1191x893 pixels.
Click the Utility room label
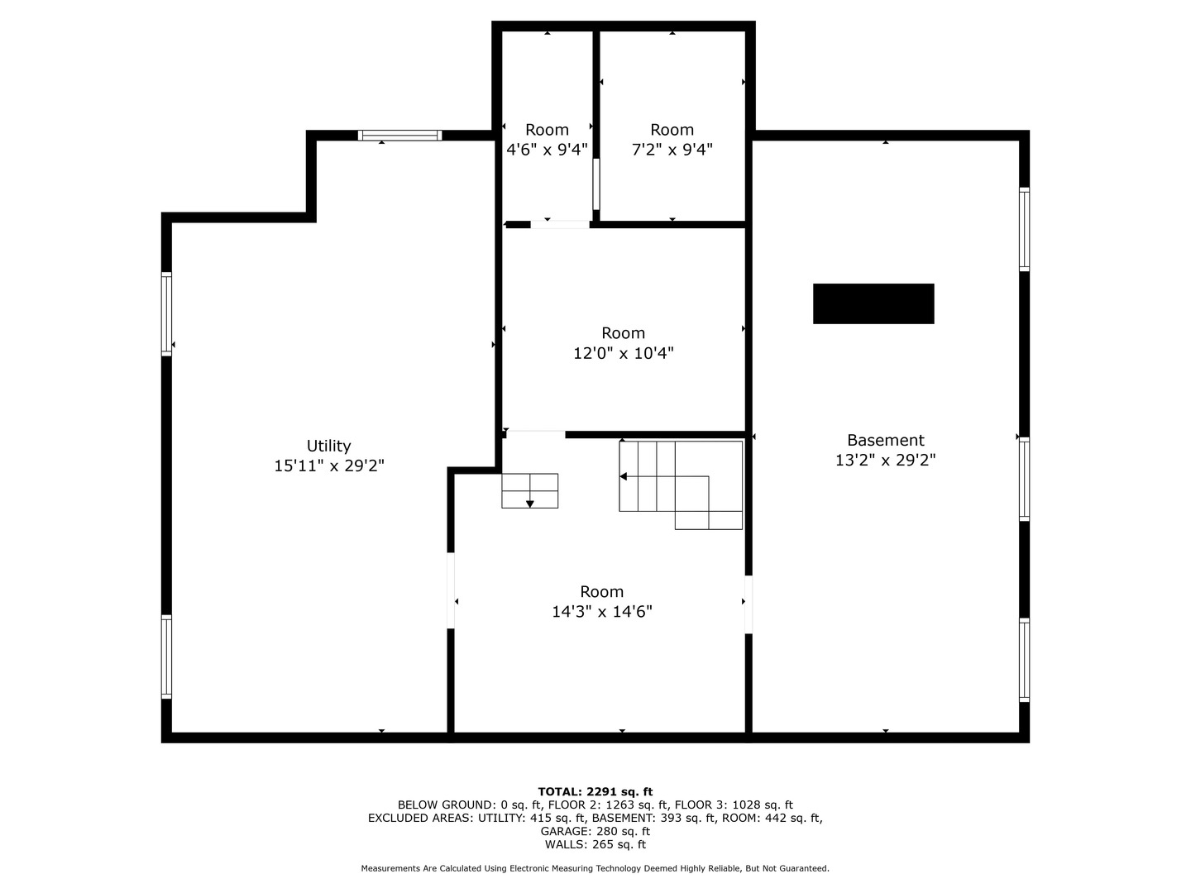(x=328, y=446)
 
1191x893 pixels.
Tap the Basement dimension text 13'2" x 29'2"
(x=885, y=461)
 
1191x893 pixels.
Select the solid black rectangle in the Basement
(x=873, y=303)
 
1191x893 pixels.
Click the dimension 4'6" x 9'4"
(x=547, y=150)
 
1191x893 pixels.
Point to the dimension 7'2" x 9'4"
(x=672, y=150)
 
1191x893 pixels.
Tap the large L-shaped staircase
(x=681, y=484)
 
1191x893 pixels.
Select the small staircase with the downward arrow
(x=529, y=490)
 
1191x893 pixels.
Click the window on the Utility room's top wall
(x=399, y=136)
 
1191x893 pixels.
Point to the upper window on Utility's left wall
(x=166, y=314)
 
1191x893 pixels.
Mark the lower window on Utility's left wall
(x=166, y=657)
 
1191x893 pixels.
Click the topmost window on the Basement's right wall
(x=1024, y=229)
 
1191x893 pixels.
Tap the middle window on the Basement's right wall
(x=1024, y=479)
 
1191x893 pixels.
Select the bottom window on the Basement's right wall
(x=1024, y=660)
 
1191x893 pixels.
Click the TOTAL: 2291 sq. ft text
(x=595, y=791)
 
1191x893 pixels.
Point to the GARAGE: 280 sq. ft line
(x=595, y=831)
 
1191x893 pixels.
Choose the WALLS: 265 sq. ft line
(x=595, y=844)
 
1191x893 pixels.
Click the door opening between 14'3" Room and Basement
(x=749, y=604)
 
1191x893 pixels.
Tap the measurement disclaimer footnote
(x=595, y=868)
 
